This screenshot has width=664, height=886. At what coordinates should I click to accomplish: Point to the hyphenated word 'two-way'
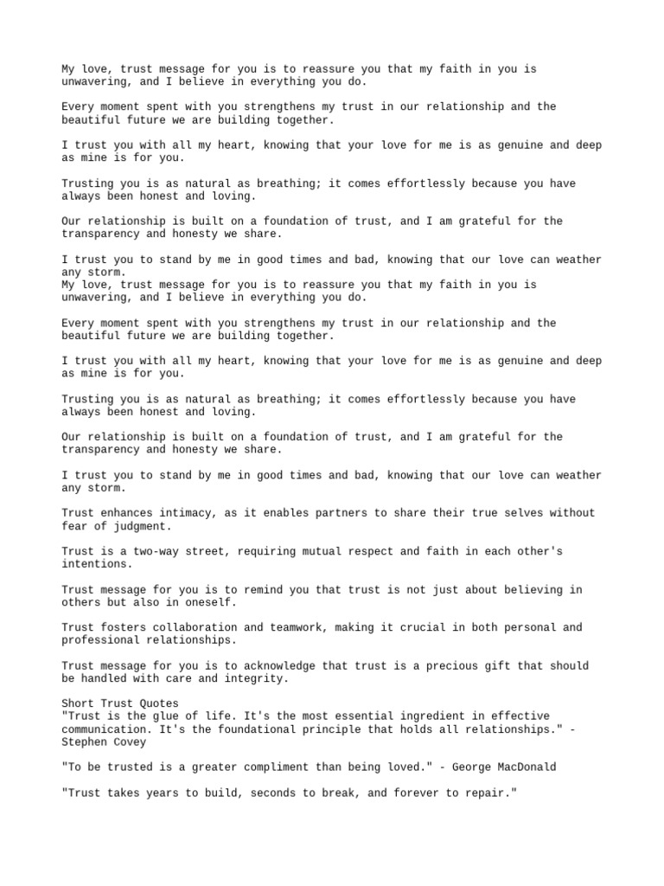coord(152,551)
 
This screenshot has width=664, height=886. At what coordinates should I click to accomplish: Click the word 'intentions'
coord(94,563)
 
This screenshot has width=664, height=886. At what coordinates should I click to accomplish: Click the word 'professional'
coord(101,639)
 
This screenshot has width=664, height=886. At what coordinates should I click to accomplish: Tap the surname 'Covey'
coord(127,742)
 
